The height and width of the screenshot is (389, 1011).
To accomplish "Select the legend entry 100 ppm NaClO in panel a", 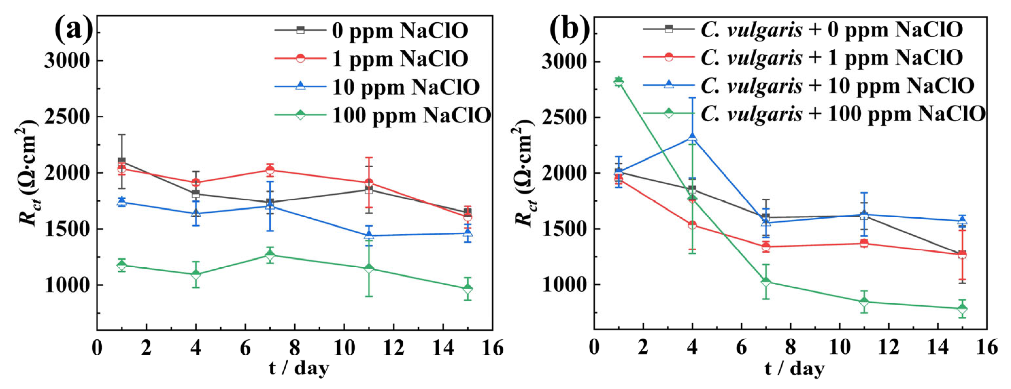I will click(x=411, y=115).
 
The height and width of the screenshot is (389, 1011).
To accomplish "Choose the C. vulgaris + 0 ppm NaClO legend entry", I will click(x=831, y=29).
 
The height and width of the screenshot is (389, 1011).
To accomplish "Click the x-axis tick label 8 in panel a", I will click(x=295, y=348).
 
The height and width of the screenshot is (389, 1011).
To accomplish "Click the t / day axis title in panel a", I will click(x=299, y=368).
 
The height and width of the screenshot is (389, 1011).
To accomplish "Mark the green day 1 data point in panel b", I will click(x=618, y=81).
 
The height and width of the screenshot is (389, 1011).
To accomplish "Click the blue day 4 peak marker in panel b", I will click(x=692, y=137).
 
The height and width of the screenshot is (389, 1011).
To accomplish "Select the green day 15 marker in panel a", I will click(x=467, y=289).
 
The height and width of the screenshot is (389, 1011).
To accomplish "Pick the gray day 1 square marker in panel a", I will click(x=122, y=161).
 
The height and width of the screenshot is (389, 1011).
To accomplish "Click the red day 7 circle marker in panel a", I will click(x=270, y=170).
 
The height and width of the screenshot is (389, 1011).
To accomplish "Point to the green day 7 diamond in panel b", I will click(x=766, y=282).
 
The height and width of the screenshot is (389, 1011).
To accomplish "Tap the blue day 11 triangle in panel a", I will click(x=368, y=235).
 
